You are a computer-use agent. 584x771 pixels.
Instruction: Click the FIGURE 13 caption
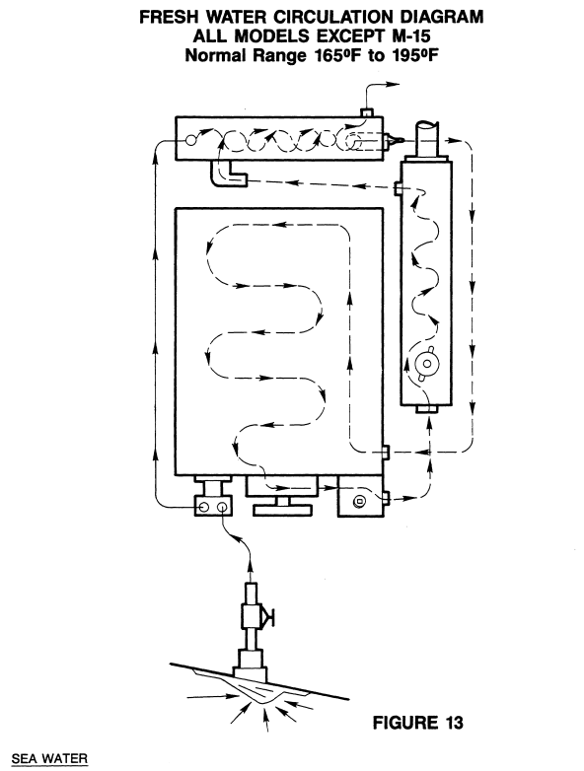tap(417, 723)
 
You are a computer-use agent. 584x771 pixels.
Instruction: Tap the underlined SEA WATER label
tap(49, 759)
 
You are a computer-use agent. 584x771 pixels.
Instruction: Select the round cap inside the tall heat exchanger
tap(426, 364)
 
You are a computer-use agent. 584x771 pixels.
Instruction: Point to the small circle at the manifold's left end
tap(191, 141)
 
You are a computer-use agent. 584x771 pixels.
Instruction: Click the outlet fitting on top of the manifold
tap(367, 112)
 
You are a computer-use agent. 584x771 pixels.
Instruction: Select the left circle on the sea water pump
tap(205, 507)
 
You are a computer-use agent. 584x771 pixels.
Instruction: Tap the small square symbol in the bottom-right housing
tap(360, 502)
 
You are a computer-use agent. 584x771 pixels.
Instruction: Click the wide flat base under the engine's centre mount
tap(282, 511)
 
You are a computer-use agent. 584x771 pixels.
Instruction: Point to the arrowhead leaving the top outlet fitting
tap(393, 84)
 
